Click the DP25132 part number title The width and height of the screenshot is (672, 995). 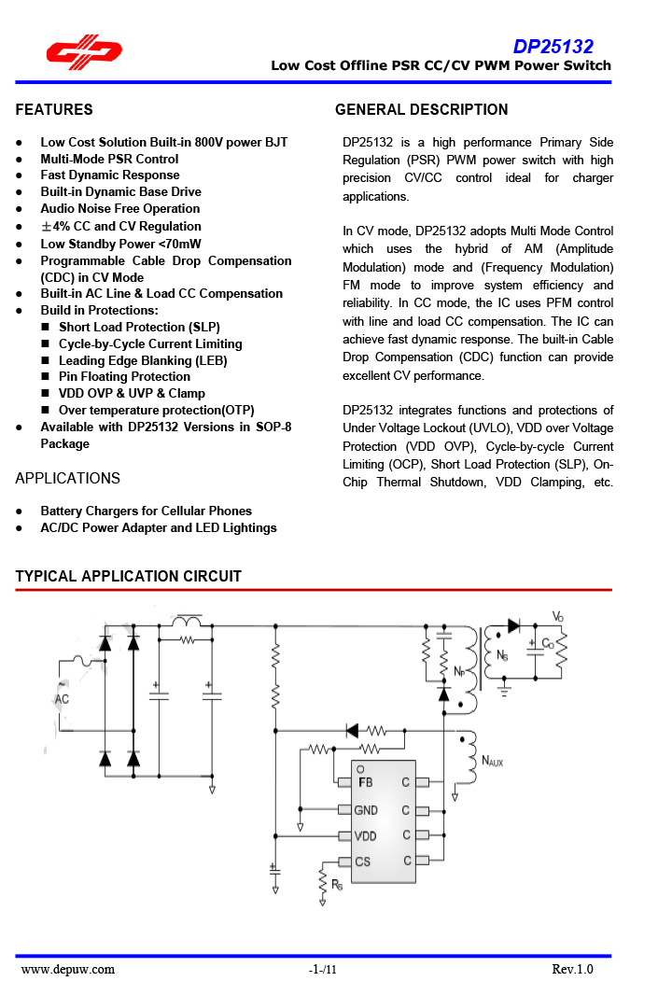[553, 47]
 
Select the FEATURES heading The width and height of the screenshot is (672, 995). [54, 110]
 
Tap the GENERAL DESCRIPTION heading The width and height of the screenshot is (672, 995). [421, 110]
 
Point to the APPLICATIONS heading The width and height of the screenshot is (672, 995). [68, 478]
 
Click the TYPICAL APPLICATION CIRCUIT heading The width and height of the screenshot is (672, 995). [129, 577]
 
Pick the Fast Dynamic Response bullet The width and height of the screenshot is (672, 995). [110, 175]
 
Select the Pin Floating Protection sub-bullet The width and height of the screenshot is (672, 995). [124, 377]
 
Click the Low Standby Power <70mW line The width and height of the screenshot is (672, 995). [120, 243]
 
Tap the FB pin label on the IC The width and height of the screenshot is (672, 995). [365, 782]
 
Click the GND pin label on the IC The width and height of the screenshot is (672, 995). [366, 810]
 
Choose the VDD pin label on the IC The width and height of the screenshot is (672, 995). [366, 835]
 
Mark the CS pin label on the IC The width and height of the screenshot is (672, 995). [363, 862]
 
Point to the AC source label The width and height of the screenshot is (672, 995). [63, 699]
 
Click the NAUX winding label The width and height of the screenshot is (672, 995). [492, 762]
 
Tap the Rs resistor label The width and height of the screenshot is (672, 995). [337, 885]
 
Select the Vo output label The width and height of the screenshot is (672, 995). [557, 617]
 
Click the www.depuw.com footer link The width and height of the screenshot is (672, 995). [68, 969]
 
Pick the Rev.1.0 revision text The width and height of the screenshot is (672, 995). [572, 969]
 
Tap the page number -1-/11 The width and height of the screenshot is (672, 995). [322, 970]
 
